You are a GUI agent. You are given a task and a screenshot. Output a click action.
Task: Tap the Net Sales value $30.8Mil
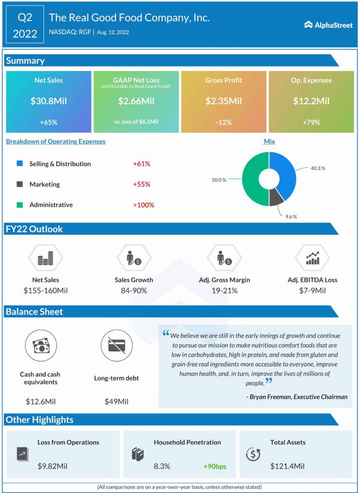pyautogui.click(x=48, y=101)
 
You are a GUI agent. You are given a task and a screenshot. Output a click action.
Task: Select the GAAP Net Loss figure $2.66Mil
pyautogui.click(x=136, y=101)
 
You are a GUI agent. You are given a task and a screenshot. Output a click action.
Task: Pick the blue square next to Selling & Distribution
pyautogui.click(x=19, y=164)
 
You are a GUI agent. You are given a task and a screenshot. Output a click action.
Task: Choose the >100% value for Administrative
pyautogui.click(x=143, y=205)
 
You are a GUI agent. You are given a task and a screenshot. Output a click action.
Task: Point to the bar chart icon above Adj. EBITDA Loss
pyautogui.click(x=312, y=259)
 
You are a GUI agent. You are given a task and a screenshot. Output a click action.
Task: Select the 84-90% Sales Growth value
pyautogui.click(x=134, y=291)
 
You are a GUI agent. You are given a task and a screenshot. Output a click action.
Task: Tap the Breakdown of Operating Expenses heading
pyautogui.click(x=55, y=142)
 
